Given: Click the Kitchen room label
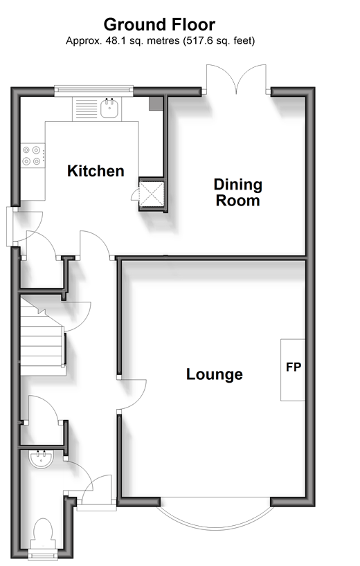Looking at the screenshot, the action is pos(96,171).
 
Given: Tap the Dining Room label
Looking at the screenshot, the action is pos(237,192).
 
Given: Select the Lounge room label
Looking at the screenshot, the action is pos(215,374).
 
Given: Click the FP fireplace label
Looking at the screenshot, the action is pos(294,367).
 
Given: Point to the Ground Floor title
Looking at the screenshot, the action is pos(159,24).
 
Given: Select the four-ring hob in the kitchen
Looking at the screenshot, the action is pos(33,156).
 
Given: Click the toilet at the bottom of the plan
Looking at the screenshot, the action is pos(43,534).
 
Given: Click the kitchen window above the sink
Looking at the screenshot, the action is pos(93,91).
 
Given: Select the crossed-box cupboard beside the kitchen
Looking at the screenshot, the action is pos(152,194).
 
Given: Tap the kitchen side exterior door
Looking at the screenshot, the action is pos(10,226).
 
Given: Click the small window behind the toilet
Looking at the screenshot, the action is pos(43,554).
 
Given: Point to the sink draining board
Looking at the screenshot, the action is pos(86,109).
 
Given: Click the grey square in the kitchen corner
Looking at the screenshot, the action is pos(155,104).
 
